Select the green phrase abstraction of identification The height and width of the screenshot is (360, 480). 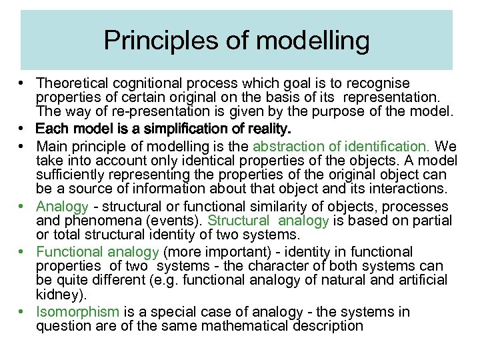342,145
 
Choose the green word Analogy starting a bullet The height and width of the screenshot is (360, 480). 63,207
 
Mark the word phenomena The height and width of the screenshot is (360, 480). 99,221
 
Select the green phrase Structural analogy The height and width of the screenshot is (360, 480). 269,221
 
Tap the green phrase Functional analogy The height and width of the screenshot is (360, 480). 97,252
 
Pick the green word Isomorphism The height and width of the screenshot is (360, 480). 78,312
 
